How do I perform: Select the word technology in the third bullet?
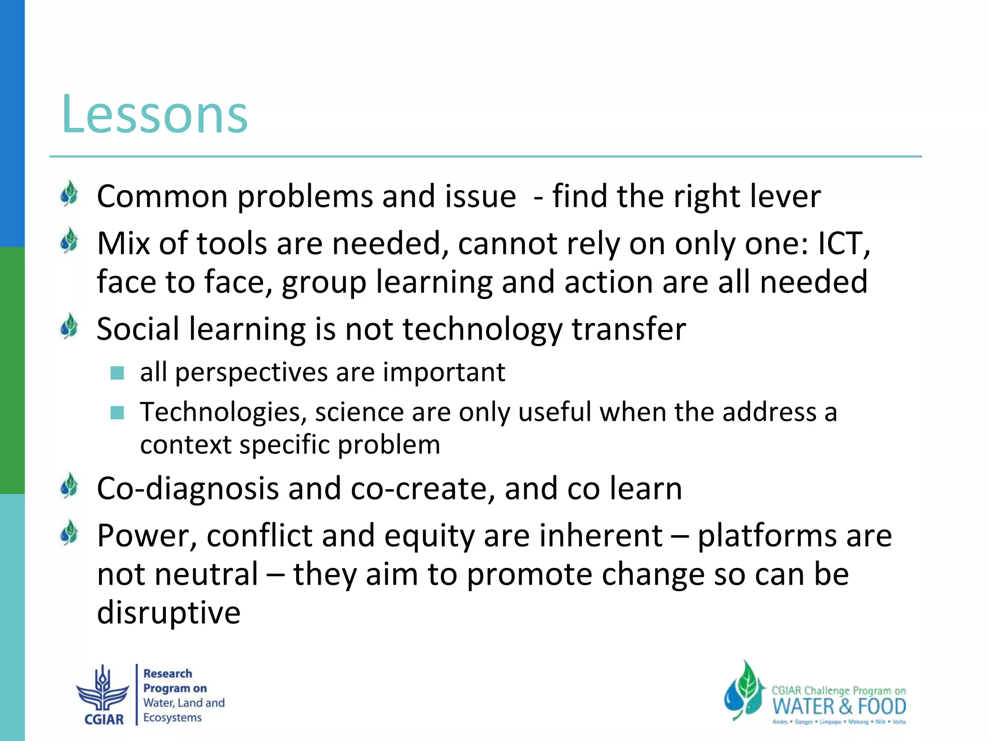click(x=482, y=330)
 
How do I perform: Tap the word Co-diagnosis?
click(x=188, y=489)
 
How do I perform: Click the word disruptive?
click(x=168, y=613)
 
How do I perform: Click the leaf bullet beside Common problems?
click(x=69, y=194)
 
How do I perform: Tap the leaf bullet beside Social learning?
click(x=69, y=327)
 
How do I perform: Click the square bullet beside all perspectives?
click(x=117, y=373)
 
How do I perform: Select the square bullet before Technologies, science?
click(x=117, y=412)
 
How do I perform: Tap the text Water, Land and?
click(x=184, y=703)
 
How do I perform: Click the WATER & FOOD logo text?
click(x=839, y=707)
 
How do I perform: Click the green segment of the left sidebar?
click(x=12, y=370)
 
